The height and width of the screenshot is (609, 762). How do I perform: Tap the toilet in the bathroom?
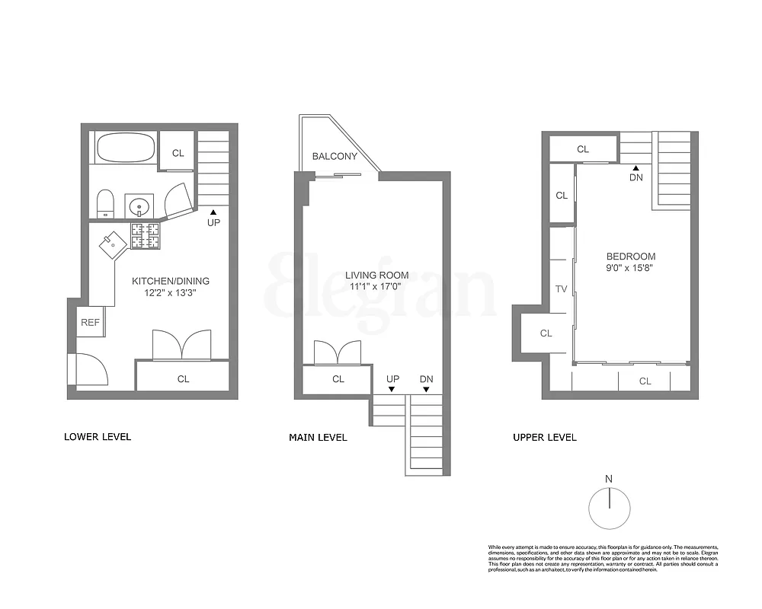pos(106,202)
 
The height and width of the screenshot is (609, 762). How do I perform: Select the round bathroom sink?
pos(139,206)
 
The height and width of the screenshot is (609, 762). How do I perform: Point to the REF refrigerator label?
pos(90,323)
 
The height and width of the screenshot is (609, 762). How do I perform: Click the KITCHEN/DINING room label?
pos(171,281)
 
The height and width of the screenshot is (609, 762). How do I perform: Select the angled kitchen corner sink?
pos(111,244)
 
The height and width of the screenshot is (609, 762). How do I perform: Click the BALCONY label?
pos(334,157)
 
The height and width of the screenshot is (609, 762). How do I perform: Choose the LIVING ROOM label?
pos(376,276)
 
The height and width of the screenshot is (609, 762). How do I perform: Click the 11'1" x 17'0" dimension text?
pos(376,287)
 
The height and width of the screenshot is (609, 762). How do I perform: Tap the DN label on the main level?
pos(426,378)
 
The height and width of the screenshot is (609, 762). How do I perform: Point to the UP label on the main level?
pos(392,378)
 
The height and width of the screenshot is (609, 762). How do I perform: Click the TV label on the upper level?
pos(561,289)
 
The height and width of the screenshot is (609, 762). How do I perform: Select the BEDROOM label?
pos(630,257)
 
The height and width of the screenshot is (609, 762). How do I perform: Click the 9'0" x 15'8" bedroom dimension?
pos(630,268)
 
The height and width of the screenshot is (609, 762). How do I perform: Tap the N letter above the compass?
pos(608,479)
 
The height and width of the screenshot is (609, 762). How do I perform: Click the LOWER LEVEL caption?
pos(97,437)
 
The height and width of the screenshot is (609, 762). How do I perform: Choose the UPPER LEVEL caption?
pos(544,437)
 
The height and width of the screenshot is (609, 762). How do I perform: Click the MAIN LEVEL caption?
pos(318,437)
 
